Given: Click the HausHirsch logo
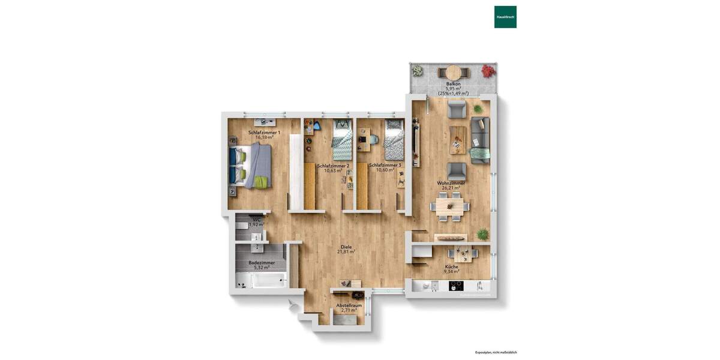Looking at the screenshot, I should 505,17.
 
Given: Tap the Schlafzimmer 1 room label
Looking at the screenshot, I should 261,132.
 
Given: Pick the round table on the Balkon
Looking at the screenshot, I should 454,71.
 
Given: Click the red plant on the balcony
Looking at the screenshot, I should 489,71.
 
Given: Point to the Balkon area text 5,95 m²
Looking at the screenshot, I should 453,89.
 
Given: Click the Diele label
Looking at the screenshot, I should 346,247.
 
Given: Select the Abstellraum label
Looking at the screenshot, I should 349,305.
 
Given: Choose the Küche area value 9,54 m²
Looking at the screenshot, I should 452,272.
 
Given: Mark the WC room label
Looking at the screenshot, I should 257,220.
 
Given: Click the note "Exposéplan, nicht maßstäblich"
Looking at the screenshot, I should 496,352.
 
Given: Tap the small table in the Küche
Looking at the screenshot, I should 462,253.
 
